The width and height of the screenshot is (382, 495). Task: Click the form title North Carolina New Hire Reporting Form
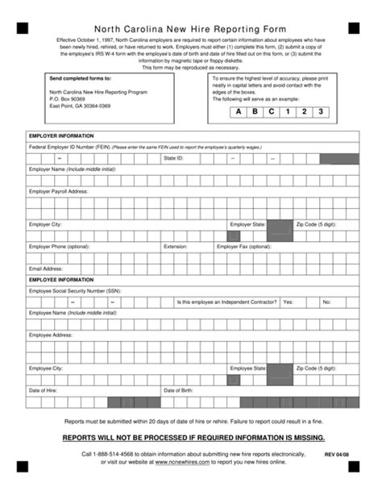(191, 27)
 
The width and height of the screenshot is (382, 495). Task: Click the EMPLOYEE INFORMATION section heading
(61, 280)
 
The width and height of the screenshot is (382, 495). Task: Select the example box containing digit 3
(321, 111)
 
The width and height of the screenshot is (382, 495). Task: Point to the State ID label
(174, 159)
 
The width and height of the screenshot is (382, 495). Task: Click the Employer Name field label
(73, 169)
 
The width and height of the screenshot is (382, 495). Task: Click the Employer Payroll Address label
(59, 191)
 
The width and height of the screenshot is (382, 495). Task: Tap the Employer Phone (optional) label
(59, 247)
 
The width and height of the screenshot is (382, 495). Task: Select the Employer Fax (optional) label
(243, 247)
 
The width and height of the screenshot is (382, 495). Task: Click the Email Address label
(46, 268)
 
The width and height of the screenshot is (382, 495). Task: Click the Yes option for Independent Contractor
(288, 302)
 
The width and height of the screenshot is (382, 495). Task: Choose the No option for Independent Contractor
(326, 302)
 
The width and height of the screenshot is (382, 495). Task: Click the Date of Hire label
(43, 390)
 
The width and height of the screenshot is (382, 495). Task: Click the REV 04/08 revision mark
(337, 455)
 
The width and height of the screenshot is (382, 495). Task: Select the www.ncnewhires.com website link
(184, 463)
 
